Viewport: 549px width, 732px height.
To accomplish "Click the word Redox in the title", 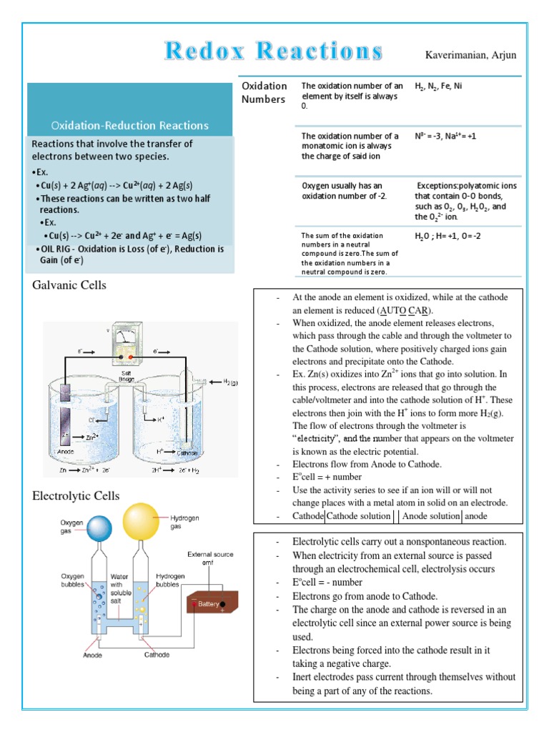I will tap(205, 51).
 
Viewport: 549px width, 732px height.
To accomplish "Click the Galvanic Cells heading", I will tap(69, 285).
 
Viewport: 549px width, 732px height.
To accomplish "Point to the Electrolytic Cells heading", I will tap(76, 495).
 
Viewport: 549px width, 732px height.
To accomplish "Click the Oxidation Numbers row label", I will tap(264, 93).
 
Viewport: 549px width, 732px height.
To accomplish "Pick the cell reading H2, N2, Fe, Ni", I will tap(438, 86).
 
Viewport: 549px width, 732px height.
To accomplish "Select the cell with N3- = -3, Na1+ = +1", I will tap(445, 136).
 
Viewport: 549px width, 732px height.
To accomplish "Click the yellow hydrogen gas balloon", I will tap(140, 523).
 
